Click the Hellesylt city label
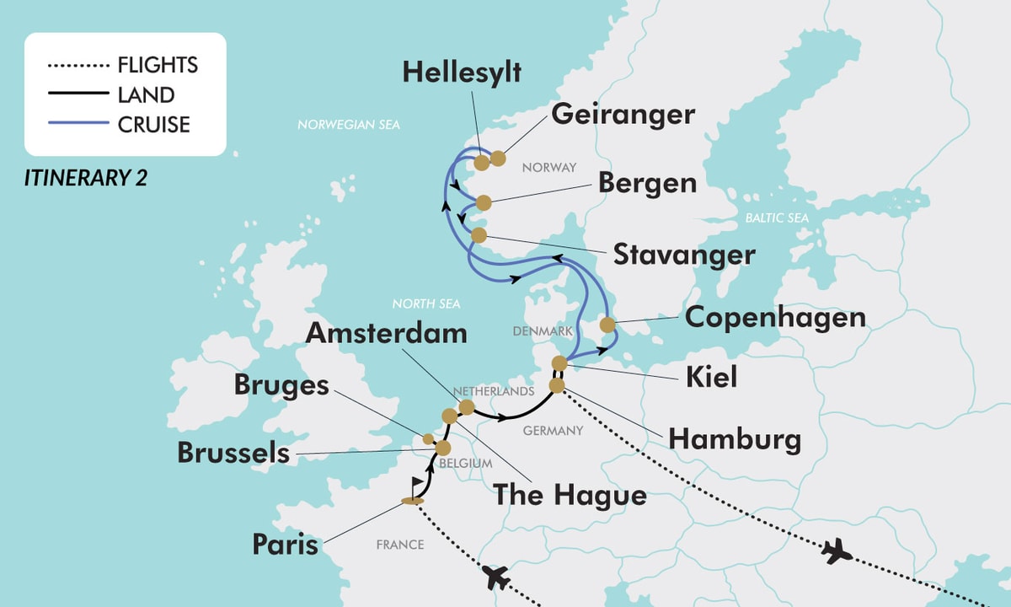pos(462,73)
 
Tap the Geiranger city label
pos(623,115)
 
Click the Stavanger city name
pos(684,255)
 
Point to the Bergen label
pos(648,183)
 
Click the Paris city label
pos(286,545)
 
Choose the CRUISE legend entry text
pos(155,125)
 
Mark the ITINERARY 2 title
pos(86,178)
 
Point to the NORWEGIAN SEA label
pos(348,125)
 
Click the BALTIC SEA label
pos(776,218)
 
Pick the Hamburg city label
pos(734,438)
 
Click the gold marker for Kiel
pos(559,363)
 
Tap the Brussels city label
pos(233,453)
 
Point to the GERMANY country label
pos(553,431)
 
